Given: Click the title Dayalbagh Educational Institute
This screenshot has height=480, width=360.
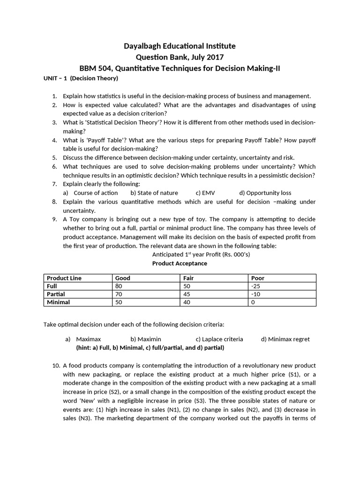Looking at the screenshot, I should point(180,46).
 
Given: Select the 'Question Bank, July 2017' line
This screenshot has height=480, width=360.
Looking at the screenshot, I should point(180,57).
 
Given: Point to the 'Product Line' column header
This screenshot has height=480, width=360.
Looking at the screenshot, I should point(64,278).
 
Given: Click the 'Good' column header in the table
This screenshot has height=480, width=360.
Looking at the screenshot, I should point(123,278).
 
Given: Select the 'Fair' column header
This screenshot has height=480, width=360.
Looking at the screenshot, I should point(189,278).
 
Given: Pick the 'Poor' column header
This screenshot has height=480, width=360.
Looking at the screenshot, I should point(258,278).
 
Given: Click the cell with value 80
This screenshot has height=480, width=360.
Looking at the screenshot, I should point(119,286).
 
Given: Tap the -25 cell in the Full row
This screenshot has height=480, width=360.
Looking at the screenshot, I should point(256,286).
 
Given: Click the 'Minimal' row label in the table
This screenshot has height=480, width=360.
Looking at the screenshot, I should point(59,302).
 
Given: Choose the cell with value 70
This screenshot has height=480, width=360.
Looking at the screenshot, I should point(119,294).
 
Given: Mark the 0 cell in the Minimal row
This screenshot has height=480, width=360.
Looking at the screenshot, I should point(254,302).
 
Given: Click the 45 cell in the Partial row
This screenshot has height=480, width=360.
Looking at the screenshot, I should point(187,294).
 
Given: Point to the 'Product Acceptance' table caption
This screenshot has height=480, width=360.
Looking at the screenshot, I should point(180,263).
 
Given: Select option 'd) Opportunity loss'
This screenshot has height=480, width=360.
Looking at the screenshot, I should point(265,193).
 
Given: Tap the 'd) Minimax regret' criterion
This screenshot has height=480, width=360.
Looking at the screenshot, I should point(285,339).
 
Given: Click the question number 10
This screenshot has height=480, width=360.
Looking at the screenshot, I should point(55,365).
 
